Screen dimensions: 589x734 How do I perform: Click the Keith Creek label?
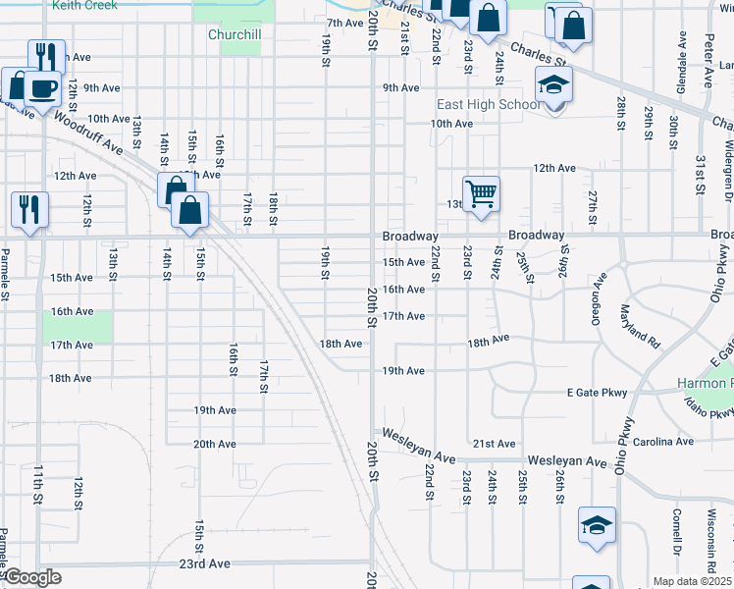point(84,5)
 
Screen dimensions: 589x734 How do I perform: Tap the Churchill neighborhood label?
point(235,34)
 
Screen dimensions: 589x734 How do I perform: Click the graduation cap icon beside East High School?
point(552,87)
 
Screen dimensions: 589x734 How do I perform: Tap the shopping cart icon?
point(481,193)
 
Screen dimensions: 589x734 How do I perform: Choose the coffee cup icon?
point(42,88)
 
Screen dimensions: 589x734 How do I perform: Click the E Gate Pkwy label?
point(597,393)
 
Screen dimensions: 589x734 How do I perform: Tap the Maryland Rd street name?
point(640,323)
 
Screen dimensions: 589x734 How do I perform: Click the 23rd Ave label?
point(204,563)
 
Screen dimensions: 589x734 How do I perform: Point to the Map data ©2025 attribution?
point(692,581)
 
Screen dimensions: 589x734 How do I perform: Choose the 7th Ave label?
point(345,23)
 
